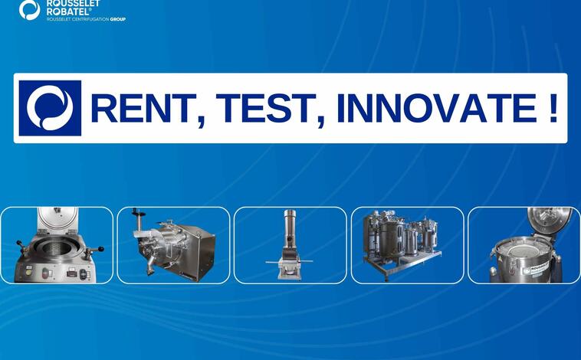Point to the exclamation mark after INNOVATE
click(553, 108)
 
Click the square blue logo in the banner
click(50, 108)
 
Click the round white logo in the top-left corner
click(30, 10)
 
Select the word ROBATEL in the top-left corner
click(68, 11)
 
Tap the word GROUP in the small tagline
click(118, 19)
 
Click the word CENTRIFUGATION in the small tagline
click(90, 19)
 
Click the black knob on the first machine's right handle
click(100, 249)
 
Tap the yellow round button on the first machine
click(28, 273)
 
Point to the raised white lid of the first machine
click(57, 219)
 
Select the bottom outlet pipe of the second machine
click(151, 266)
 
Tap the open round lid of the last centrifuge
click(549, 220)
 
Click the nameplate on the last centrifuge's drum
click(541, 270)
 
